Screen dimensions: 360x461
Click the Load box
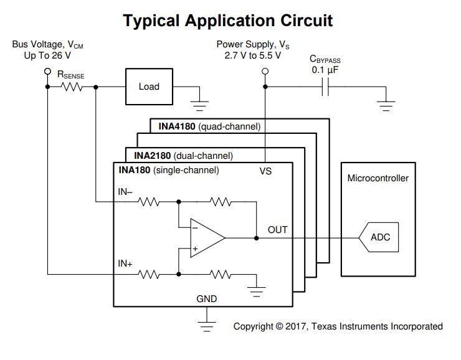pyautogui.click(x=149, y=87)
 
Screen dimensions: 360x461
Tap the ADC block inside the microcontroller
pyautogui.click(x=380, y=238)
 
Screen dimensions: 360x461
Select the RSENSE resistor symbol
pyautogui.click(x=72, y=87)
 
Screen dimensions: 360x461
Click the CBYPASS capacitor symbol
pyautogui.click(x=323, y=87)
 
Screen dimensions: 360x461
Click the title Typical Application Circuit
pyautogui.click(x=228, y=21)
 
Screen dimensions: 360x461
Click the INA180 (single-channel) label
pyautogui.click(x=169, y=169)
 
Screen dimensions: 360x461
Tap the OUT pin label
pyautogui.click(x=277, y=230)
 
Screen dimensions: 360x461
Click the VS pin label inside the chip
pyautogui.click(x=265, y=171)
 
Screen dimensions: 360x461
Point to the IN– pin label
pyautogui.click(x=125, y=192)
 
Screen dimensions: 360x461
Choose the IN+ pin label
pyautogui.click(x=125, y=263)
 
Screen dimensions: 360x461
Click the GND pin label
pyautogui.click(x=207, y=299)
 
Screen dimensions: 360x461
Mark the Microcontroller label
pyautogui.click(x=378, y=178)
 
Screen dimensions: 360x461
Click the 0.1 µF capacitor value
pyautogui.click(x=325, y=70)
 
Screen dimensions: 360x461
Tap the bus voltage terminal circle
pyautogui.click(x=47, y=72)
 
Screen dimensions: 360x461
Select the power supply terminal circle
pyautogui.click(x=265, y=72)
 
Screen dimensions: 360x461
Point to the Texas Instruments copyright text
pyautogui.click(x=338, y=326)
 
